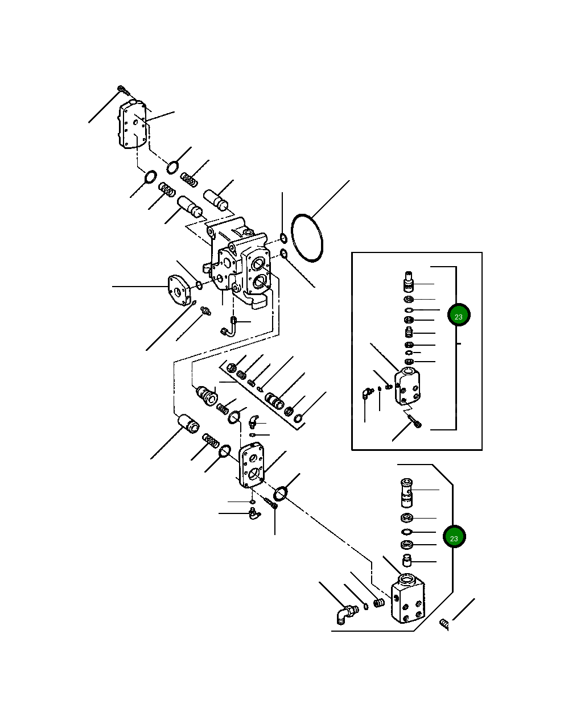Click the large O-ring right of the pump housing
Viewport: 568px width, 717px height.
click(307, 238)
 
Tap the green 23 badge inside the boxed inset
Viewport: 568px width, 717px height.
click(458, 316)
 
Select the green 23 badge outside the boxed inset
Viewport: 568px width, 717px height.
click(454, 537)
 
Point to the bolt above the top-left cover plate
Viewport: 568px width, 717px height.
click(123, 89)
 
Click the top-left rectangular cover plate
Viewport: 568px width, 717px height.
click(133, 125)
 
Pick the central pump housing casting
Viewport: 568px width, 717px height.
click(239, 262)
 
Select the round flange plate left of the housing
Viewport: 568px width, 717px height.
click(179, 291)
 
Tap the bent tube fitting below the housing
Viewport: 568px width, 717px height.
click(228, 327)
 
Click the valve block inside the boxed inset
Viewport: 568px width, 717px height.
click(408, 387)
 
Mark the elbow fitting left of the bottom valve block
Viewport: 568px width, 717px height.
click(343, 615)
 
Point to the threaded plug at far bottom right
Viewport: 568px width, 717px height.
click(445, 625)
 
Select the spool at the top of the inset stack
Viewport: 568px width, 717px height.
click(409, 281)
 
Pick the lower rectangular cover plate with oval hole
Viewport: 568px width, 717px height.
click(250, 466)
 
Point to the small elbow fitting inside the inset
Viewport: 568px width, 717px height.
click(366, 393)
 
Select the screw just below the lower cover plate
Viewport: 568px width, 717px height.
click(270, 502)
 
